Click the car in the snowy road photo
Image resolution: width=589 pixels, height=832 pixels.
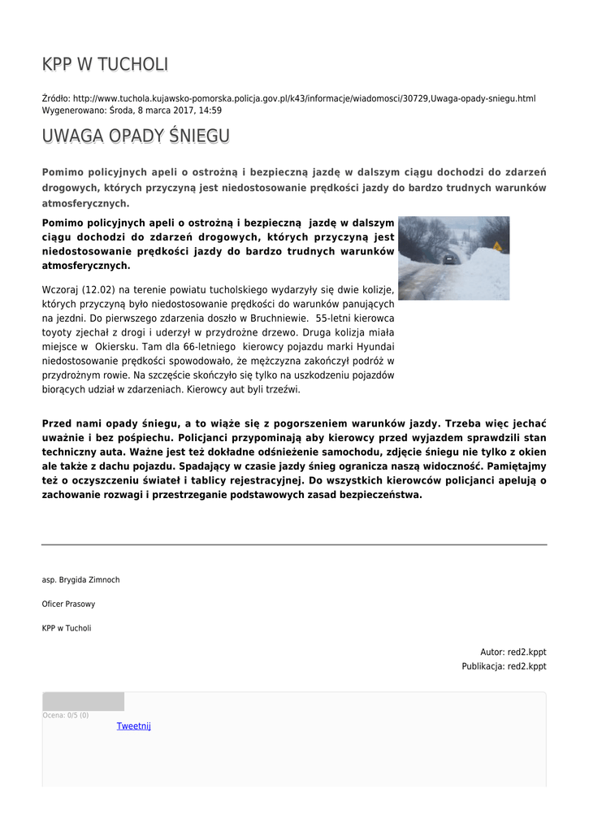448,258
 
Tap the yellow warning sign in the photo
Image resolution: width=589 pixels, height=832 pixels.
497,245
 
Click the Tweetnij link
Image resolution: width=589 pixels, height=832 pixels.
134,726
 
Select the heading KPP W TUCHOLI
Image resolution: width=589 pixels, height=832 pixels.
105,65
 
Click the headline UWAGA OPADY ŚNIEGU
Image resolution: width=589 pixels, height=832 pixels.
136,136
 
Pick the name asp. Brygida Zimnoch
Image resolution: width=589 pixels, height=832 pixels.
80,579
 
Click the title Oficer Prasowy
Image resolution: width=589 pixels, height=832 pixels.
68,604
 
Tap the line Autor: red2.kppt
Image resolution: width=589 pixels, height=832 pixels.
513,652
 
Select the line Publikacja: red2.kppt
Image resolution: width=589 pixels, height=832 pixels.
504,666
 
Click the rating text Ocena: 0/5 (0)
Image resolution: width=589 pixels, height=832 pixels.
66,715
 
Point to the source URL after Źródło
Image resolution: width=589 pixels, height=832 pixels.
304,98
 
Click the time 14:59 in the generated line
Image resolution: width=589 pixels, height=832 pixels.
210,110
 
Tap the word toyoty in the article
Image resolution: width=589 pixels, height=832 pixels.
58,332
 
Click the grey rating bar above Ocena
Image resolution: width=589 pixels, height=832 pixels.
83,701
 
